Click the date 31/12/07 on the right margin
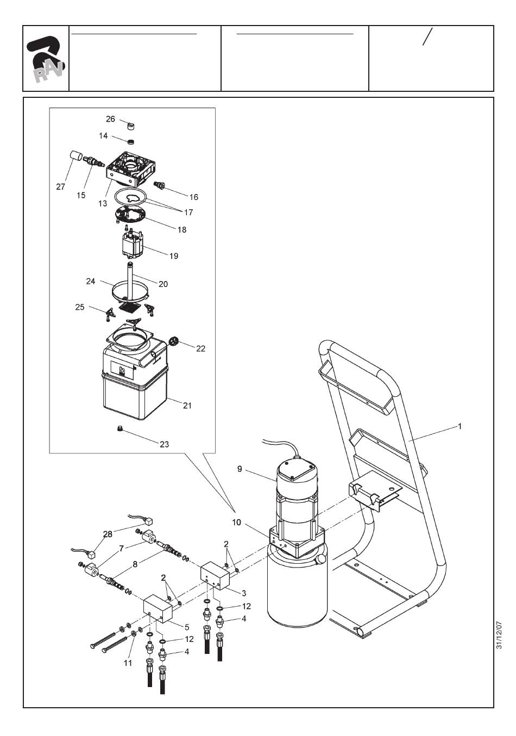(499, 634)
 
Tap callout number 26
(110, 119)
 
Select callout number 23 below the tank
(164, 444)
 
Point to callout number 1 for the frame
(460, 426)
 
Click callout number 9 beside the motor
(240, 469)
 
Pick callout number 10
(236, 522)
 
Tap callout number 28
(108, 534)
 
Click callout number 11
(128, 663)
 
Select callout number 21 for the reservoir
(187, 406)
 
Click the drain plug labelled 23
(120, 428)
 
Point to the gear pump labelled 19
(133, 242)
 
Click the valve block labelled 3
(215, 577)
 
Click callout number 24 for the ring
(90, 282)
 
